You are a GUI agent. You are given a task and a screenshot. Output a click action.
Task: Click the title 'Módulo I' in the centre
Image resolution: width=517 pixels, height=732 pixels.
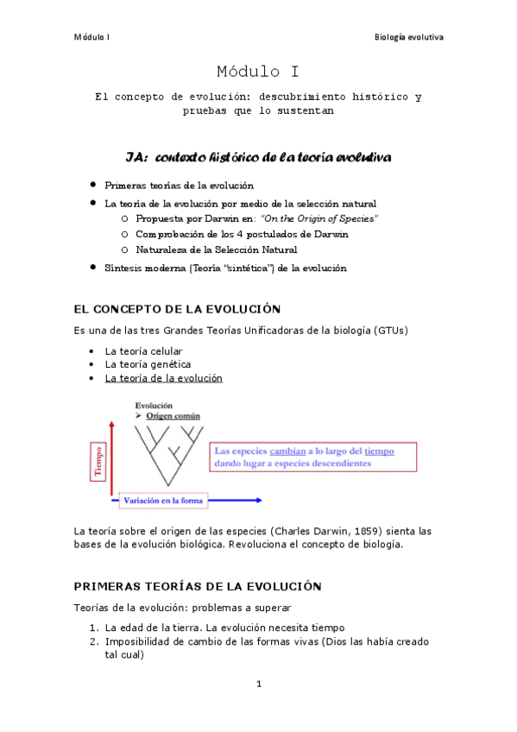click(258, 71)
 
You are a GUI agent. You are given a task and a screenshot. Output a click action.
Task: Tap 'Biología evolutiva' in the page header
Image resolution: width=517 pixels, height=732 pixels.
click(408, 37)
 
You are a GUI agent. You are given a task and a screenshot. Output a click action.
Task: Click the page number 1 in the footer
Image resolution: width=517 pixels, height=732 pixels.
click(258, 685)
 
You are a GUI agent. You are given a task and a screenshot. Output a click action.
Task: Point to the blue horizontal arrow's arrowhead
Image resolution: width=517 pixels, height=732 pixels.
click(258, 500)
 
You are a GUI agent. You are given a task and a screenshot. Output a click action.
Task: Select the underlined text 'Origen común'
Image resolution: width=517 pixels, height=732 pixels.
click(173, 416)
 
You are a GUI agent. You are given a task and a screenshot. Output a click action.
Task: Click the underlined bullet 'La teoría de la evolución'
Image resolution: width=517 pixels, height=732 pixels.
click(163, 378)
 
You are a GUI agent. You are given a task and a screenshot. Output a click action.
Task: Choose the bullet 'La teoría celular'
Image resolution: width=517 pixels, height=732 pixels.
click(143, 350)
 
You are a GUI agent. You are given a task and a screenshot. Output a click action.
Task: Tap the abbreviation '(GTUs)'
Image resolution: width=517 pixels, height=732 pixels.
click(391, 331)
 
